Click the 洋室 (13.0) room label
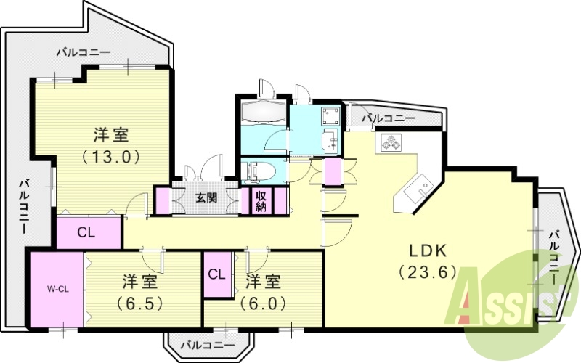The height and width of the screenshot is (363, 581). click(x=110, y=144)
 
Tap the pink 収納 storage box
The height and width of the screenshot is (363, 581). click(x=261, y=201)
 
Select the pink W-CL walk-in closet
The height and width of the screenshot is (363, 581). click(x=57, y=288)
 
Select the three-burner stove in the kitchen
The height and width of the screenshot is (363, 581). click(x=393, y=143)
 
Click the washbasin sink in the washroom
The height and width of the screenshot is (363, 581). click(x=328, y=139)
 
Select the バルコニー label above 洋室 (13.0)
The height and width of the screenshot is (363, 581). click(x=84, y=53)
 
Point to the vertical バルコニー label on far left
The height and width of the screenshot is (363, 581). click(x=23, y=205)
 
